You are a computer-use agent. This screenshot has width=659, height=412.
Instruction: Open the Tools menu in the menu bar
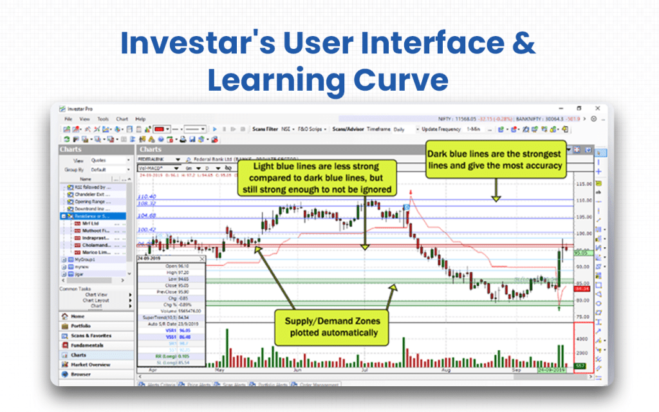pos(103,119)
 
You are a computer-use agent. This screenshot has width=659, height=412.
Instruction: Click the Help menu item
pos(140,119)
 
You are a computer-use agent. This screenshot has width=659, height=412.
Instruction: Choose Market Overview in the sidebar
pos(90,364)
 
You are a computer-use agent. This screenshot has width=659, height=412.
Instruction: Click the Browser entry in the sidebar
pos(81,374)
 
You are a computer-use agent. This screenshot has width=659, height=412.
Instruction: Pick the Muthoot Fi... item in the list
pos(96,230)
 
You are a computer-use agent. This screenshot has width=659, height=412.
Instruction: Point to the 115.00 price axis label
pos(584,185)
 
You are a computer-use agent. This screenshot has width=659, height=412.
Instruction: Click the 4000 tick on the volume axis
pos(583,339)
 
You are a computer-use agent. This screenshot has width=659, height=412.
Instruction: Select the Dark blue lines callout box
pos(494,160)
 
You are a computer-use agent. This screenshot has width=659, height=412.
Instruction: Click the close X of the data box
pos(201,259)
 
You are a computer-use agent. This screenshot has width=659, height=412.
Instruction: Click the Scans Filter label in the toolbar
pos(266,129)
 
